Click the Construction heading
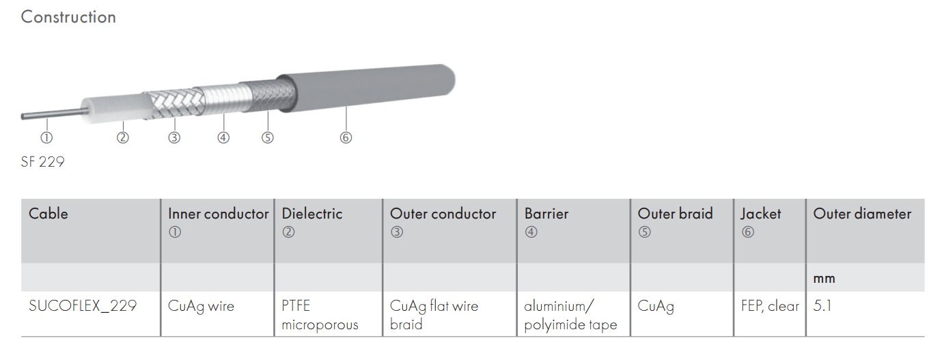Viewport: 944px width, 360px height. [68, 17]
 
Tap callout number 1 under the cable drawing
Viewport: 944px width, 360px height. [46, 137]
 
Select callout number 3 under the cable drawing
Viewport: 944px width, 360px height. [174, 137]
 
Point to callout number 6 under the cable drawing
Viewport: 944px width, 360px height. [346, 137]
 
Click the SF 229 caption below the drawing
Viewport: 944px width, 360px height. [42, 162]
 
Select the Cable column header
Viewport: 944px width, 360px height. [48, 214]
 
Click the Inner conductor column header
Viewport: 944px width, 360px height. [218, 214]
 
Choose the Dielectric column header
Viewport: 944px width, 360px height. [312, 214]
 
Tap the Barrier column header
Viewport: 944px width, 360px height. [546, 214]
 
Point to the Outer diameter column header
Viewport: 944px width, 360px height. [862, 214]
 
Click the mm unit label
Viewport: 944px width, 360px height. [824, 279]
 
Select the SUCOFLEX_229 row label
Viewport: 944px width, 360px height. [83, 306]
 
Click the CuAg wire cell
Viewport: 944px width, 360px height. [201, 306]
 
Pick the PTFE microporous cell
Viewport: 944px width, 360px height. [320, 315]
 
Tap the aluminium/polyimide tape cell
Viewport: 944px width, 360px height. [570, 315]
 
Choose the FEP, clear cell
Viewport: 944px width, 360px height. [770, 306]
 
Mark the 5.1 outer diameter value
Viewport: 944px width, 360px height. [822, 306]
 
